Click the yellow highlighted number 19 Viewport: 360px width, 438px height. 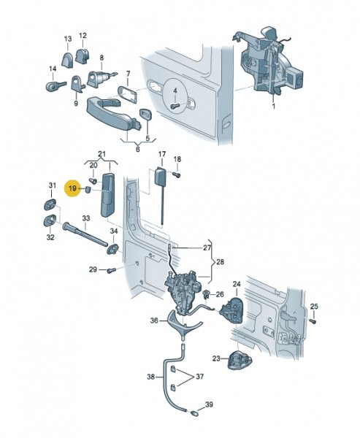(x=72, y=188)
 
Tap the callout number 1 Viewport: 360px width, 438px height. (x=274, y=106)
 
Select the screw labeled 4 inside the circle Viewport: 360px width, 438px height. (x=175, y=107)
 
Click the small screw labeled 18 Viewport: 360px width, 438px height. (x=177, y=174)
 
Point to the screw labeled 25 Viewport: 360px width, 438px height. (x=313, y=321)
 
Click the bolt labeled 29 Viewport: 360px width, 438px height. (x=112, y=270)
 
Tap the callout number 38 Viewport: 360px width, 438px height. (x=151, y=377)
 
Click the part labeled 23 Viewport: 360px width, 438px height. (x=240, y=360)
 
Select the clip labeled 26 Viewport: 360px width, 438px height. (x=207, y=294)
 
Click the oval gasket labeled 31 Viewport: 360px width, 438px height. (x=50, y=205)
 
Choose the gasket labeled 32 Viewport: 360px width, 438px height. (x=50, y=220)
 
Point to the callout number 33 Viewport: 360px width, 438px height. (x=86, y=218)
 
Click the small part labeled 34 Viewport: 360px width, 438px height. (x=112, y=248)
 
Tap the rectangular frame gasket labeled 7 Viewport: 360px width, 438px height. (x=128, y=94)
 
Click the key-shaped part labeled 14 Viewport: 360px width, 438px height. (x=55, y=85)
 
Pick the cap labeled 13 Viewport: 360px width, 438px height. (x=67, y=60)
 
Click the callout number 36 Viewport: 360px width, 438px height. (x=154, y=320)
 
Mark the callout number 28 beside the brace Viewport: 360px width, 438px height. (x=221, y=262)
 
